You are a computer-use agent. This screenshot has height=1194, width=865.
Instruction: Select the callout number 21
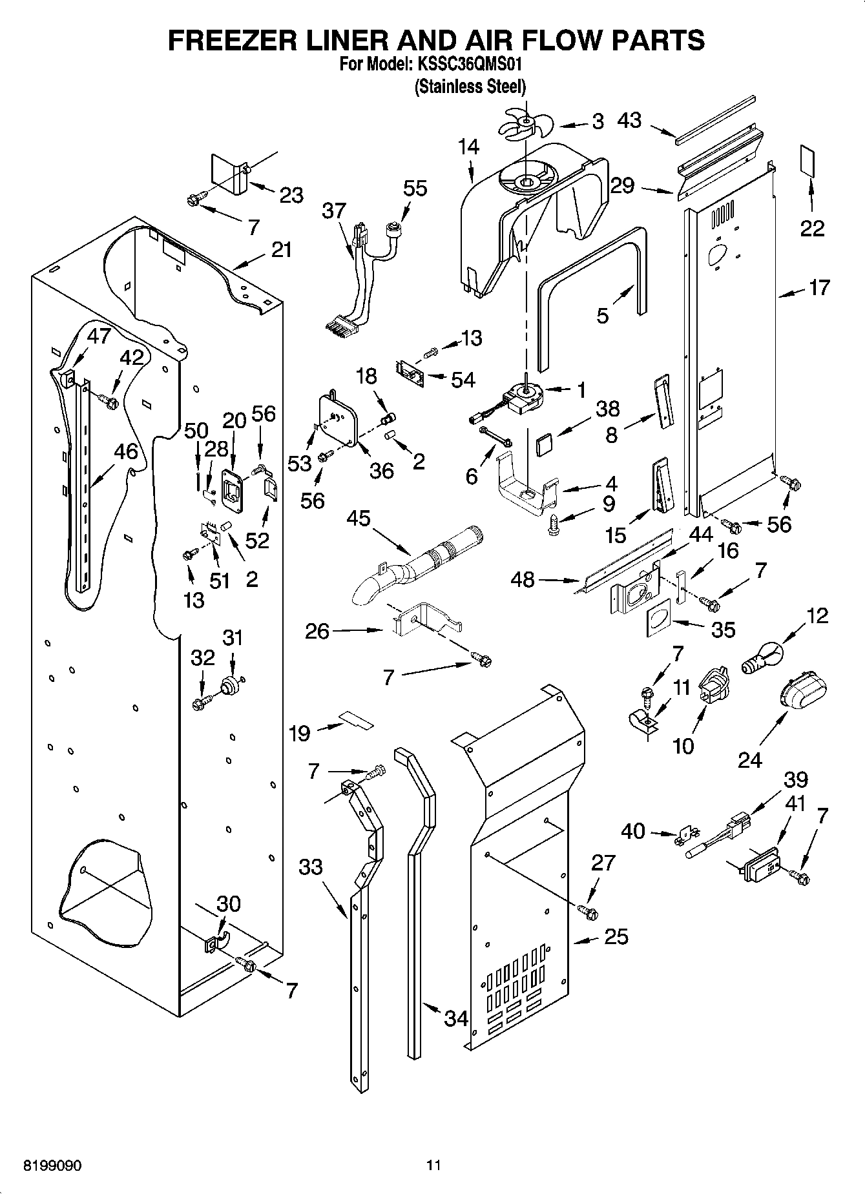tap(281, 250)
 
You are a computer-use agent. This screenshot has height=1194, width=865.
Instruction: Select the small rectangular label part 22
tap(806, 160)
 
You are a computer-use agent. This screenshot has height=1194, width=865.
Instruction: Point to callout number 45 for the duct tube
tap(359, 517)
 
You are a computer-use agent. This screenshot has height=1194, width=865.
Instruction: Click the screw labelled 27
tap(589, 912)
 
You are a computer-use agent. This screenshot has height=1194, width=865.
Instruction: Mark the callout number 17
tap(818, 287)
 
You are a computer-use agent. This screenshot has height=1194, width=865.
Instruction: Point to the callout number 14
tap(469, 147)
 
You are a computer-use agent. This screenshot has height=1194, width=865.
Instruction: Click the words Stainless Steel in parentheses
tap(470, 86)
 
